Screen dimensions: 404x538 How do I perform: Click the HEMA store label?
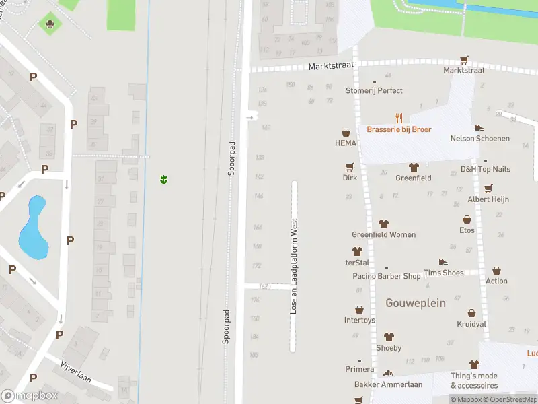click(x=346, y=143)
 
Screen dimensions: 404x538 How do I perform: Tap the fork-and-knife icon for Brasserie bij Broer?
click(x=399, y=117)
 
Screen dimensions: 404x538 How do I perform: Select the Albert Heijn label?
click(x=488, y=199)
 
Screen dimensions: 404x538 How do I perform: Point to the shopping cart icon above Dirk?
click(x=350, y=167)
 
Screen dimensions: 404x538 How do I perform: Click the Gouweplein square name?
click(x=416, y=303)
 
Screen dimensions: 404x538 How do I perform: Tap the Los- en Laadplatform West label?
click(x=293, y=266)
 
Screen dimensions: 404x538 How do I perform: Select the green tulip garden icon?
click(x=163, y=179)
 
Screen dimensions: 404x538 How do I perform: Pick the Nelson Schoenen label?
click(x=479, y=139)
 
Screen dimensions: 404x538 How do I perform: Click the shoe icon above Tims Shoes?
click(x=443, y=261)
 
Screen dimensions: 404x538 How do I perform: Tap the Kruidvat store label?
click(x=471, y=325)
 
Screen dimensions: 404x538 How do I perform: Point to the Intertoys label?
click(x=359, y=320)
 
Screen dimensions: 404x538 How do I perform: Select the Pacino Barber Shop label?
click(x=387, y=276)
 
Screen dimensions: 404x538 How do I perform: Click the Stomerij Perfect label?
click(x=374, y=90)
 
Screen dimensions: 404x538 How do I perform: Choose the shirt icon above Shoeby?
click(x=389, y=337)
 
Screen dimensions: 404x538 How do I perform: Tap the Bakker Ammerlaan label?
click(x=388, y=384)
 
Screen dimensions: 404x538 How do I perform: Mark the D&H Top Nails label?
click(x=485, y=170)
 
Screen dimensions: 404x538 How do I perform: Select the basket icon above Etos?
click(x=467, y=220)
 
